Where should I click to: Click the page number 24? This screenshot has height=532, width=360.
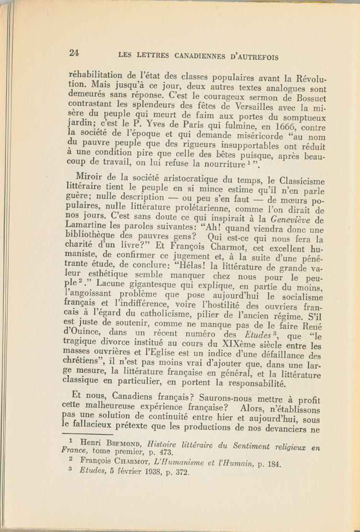click(x=74, y=53)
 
